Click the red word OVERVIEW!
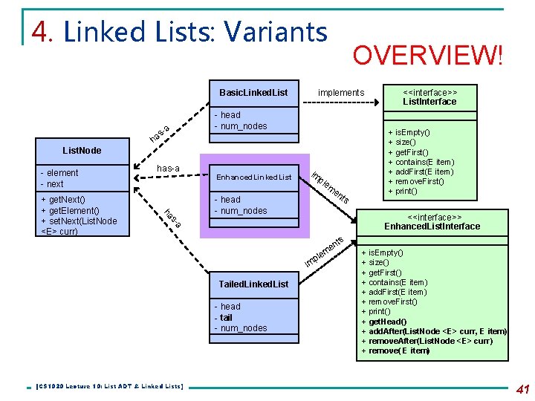pos(427,55)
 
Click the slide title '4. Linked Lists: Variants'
pos(180,31)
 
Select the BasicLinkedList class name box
pos(253,93)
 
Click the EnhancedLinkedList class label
pos(253,177)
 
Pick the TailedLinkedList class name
pos(253,284)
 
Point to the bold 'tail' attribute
pos(226,317)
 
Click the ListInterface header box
pos(429,97)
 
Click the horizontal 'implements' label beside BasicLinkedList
pos(341,93)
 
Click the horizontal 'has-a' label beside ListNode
pos(168,169)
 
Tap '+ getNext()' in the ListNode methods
pos(63,200)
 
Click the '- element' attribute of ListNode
pos(60,173)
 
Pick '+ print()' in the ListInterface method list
pos(403,191)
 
